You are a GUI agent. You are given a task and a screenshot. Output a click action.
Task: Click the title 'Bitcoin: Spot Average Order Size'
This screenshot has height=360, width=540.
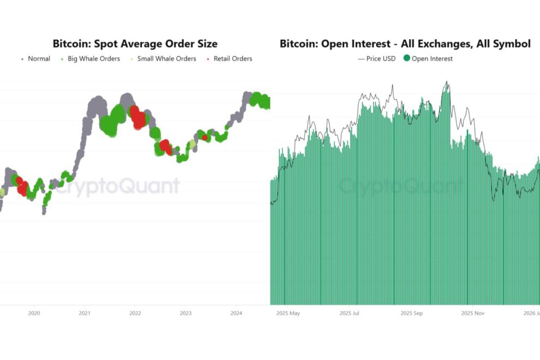pyautogui.click(x=135, y=44)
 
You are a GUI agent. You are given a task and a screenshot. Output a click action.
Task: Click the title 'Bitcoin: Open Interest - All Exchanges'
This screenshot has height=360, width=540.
pyautogui.click(x=405, y=44)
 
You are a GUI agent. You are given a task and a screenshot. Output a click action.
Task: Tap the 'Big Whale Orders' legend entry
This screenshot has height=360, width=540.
pyautogui.click(x=93, y=59)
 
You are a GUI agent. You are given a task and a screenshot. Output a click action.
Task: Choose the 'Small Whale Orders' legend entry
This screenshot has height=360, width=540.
pyautogui.click(x=166, y=59)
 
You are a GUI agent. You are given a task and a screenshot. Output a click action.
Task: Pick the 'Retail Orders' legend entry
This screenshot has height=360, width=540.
pyautogui.click(x=232, y=59)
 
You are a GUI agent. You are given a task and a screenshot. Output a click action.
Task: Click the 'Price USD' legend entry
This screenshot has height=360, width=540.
pyautogui.click(x=381, y=59)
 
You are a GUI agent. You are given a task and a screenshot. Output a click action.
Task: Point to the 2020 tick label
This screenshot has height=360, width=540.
pyautogui.click(x=34, y=314)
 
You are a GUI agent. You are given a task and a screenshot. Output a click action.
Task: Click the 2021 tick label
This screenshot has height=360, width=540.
pyautogui.click(x=85, y=314)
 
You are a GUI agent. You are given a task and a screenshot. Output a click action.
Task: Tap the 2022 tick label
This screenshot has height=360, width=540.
pyautogui.click(x=135, y=314)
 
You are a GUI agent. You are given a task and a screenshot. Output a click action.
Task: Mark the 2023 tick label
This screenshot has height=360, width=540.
pyautogui.click(x=185, y=314)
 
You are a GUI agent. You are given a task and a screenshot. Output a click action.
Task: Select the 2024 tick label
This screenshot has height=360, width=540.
pyautogui.click(x=236, y=314)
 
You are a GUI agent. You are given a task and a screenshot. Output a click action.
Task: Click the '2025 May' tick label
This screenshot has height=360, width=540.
pyautogui.click(x=288, y=314)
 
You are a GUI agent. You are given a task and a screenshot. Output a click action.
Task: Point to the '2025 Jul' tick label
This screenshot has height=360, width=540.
pyautogui.click(x=350, y=314)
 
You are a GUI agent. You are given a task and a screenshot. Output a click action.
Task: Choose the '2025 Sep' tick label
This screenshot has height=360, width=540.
pyautogui.click(x=412, y=314)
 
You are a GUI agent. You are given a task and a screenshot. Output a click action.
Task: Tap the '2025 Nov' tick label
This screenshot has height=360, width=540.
pyautogui.click(x=473, y=314)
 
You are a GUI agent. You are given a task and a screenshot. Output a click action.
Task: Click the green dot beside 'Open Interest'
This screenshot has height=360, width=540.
pyautogui.click(x=406, y=59)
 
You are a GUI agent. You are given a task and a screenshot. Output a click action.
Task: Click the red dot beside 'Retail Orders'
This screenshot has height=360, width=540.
pyautogui.click(x=209, y=59)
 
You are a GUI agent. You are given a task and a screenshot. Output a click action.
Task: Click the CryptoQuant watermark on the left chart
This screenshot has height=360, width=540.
pyautogui.click(x=117, y=187)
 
